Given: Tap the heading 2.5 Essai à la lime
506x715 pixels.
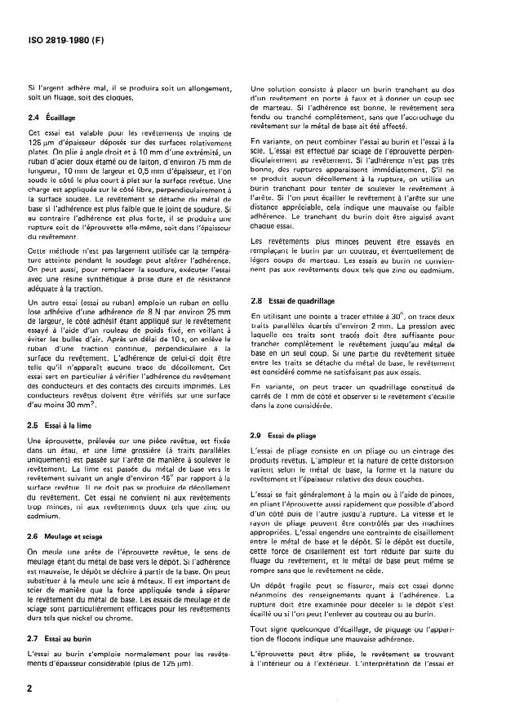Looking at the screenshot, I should [65, 426].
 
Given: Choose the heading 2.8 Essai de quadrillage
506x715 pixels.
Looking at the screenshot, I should [301, 301].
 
